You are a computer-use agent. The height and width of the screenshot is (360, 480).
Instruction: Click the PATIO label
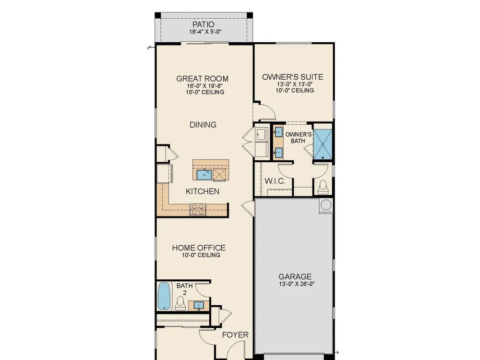click(203, 24)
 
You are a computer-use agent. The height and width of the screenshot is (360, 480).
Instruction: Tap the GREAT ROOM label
click(203, 79)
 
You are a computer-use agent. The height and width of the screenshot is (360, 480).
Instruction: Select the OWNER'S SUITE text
click(293, 77)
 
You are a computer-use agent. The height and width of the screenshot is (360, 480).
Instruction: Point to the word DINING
click(203, 125)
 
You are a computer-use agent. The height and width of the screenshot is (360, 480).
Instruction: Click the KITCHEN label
click(203, 192)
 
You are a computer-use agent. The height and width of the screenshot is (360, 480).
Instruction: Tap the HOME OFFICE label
click(199, 248)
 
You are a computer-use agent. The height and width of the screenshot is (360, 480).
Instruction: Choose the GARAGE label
click(295, 277)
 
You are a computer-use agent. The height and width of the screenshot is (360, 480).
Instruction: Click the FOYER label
click(235, 335)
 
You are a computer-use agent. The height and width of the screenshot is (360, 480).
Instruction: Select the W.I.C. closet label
click(275, 181)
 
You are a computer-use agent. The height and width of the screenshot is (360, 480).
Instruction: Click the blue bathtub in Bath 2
click(164, 296)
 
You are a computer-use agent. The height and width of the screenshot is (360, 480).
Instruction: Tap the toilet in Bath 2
click(180, 303)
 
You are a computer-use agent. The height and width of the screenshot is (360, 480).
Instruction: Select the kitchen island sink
click(204, 175)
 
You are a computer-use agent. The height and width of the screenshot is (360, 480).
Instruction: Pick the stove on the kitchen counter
click(198, 209)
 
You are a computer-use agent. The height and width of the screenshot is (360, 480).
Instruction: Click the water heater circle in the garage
click(326, 204)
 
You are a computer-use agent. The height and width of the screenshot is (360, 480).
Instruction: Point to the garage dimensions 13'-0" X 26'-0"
click(297, 284)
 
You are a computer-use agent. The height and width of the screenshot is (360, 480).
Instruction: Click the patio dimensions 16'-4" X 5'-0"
click(205, 32)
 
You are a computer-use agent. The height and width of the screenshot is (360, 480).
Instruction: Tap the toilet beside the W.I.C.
click(323, 187)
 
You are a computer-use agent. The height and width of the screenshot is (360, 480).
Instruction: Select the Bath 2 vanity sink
click(199, 305)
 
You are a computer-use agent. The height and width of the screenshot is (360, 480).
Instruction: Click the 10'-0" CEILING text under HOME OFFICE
click(201, 255)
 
